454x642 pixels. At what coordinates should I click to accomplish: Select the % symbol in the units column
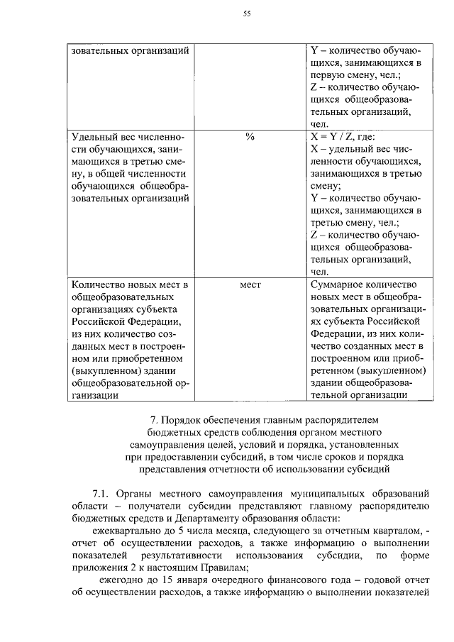tap(249, 136)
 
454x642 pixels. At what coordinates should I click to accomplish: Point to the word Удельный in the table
tap(93, 136)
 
